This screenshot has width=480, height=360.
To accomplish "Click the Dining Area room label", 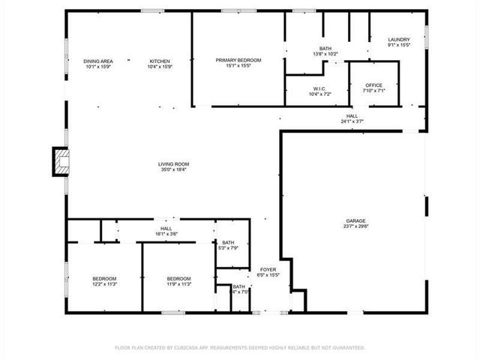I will [97, 61].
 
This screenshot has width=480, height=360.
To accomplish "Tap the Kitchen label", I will [160, 61].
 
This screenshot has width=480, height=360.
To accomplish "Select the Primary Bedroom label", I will [238, 60].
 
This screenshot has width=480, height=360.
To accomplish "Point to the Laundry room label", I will [398, 40].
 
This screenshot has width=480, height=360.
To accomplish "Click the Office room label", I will [373, 85].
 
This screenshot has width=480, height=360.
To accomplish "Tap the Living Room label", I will [173, 164].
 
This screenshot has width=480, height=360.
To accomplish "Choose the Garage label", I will [355, 220].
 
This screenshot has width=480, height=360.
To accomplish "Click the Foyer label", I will [269, 269].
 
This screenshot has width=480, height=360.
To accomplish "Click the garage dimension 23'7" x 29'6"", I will [355, 226].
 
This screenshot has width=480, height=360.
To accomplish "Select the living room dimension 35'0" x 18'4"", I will [173, 169].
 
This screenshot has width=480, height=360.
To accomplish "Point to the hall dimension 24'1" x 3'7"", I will [352, 121].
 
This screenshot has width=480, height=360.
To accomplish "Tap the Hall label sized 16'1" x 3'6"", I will [166, 229].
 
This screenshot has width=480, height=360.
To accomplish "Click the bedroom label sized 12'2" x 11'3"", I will [104, 279].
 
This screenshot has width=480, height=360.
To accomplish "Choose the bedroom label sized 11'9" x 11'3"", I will [178, 279].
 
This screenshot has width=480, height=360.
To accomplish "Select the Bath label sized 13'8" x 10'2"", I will [325, 49].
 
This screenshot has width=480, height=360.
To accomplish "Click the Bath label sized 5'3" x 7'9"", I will [228, 242].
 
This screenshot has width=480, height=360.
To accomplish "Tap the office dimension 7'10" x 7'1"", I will [373, 91].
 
